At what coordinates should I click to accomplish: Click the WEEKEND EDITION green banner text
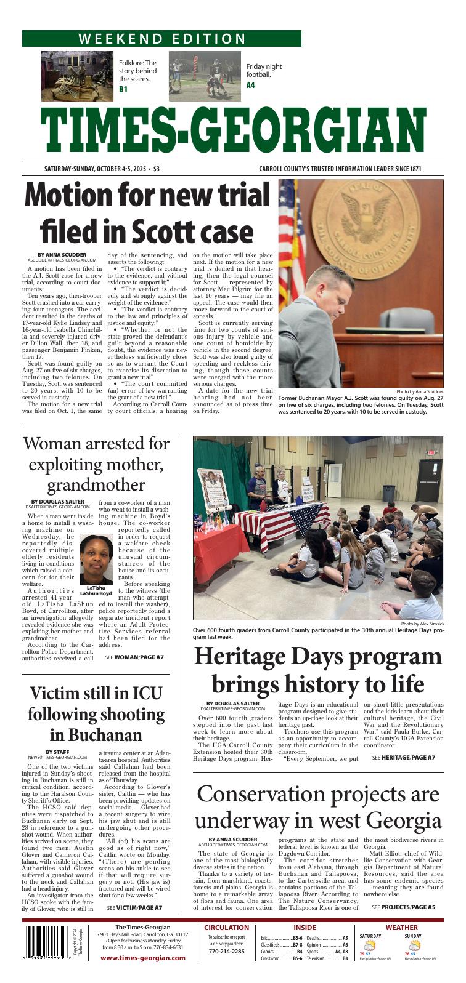(x=161, y=39)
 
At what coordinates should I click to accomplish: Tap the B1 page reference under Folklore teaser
(x=123, y=90)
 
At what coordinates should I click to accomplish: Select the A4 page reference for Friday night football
(x=250, y=85)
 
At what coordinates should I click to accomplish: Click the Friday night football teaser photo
(x=205, y=76)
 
